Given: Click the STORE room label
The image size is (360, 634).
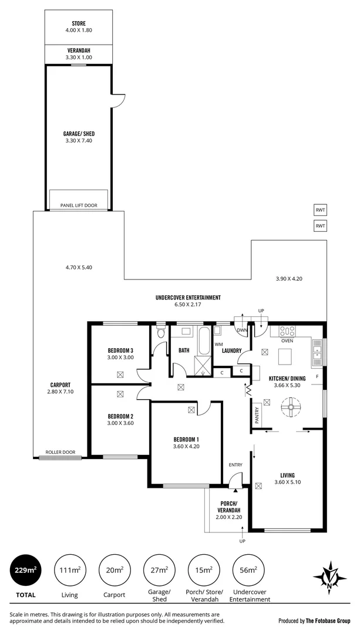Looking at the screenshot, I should (79, 23).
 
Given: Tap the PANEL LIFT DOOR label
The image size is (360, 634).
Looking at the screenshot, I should (79, 205).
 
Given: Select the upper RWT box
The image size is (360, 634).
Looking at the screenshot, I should (320, 210).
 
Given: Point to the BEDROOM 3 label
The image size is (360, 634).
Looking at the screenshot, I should (120, 350).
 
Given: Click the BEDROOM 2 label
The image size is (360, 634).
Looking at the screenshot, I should (120, 414).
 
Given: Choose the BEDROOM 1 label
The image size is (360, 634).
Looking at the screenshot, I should (186, 440).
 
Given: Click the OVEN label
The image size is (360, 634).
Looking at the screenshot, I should (287, 340).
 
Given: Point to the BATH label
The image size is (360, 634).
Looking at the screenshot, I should (183, 350).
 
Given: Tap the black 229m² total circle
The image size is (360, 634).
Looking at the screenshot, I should (25, 570).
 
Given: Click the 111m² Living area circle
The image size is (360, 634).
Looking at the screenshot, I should (70, 570).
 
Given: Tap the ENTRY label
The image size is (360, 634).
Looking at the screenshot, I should (235, 465).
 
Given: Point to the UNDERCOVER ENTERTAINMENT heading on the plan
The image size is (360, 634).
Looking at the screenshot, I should (188, 298).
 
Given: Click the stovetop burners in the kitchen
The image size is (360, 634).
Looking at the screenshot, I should (288, 331).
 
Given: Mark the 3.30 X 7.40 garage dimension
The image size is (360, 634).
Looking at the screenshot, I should (79, 140).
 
